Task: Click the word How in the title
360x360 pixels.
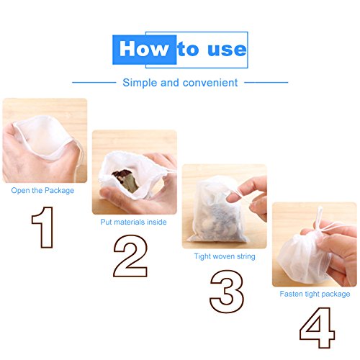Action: click(144, 49)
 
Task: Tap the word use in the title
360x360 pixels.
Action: click(227, 50)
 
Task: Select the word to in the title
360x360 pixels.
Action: click(188, 49)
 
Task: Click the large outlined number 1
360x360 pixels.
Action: click(42, 227)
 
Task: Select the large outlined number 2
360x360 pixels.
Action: click(130, 256)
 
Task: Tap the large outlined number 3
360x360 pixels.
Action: click(227, 292)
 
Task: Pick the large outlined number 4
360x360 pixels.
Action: click(317, 328)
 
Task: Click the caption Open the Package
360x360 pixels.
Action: click(42, 191)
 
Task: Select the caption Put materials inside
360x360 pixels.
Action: click(133, 222)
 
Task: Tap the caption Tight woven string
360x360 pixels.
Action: click(225, 256)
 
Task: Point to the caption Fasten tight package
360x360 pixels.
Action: click(315, 294)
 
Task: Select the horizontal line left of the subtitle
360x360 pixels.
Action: click(94, 83)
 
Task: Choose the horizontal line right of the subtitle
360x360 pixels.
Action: click(266, 83)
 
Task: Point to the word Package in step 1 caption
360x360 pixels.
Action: click(60, 191)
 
